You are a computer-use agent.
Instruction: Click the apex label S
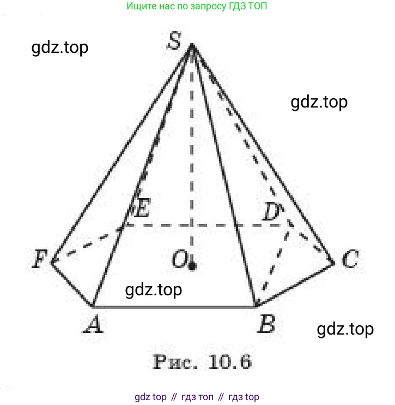coord(174,40)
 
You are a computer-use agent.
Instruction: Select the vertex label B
coord(266,324)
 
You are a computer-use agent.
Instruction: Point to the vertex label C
coord(350,259)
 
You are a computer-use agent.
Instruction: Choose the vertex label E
coord(142,207)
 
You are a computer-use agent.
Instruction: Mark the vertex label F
coord(39,259)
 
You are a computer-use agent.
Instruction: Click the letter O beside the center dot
coord(179,259)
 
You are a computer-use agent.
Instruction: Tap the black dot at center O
coord(192,266)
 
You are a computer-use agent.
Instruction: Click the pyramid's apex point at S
coord(192,45)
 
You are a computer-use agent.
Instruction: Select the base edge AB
coord(174,307)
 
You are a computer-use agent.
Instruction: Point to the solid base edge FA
coord(72,285)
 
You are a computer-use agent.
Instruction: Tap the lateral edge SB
coord(224,176)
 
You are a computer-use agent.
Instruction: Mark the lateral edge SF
coord(122,154)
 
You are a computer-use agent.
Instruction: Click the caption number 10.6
coord(230,361)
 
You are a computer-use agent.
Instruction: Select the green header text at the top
coord(197,5)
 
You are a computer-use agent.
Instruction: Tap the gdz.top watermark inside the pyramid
coord(154,290)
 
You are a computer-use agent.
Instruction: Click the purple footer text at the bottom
coord(197,396)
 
